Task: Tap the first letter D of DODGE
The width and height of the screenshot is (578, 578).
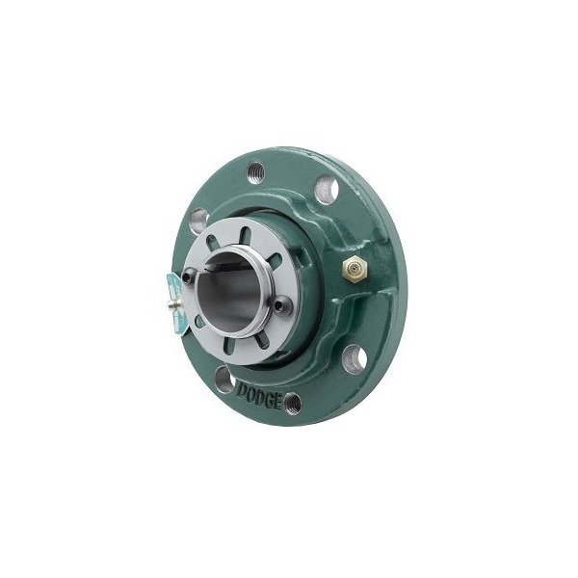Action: tap(240, 390)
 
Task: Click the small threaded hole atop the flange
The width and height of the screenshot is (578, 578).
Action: tap(255, 172)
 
